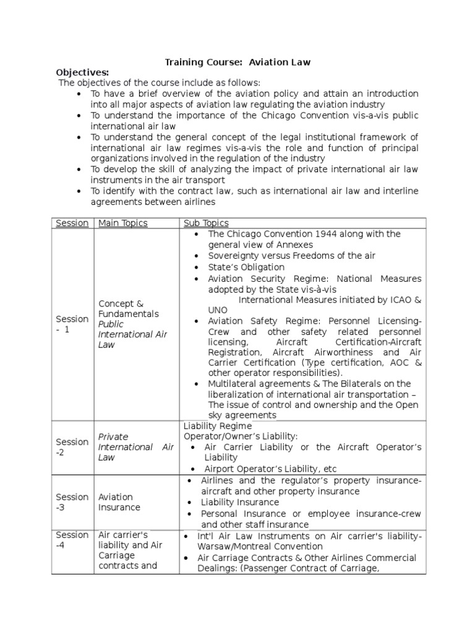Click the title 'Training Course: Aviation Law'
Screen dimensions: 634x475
[x=237, y=62]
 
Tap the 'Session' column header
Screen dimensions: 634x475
[x=72, y=223]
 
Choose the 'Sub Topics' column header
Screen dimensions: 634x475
[x=206, y=223]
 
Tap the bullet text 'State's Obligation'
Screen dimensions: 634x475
[x=246, y=267]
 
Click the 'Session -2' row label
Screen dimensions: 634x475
[x=72, y=447]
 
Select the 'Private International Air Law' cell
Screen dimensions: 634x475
[x=135, y=447]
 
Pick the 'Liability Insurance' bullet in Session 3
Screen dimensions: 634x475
[x=240, y=502]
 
